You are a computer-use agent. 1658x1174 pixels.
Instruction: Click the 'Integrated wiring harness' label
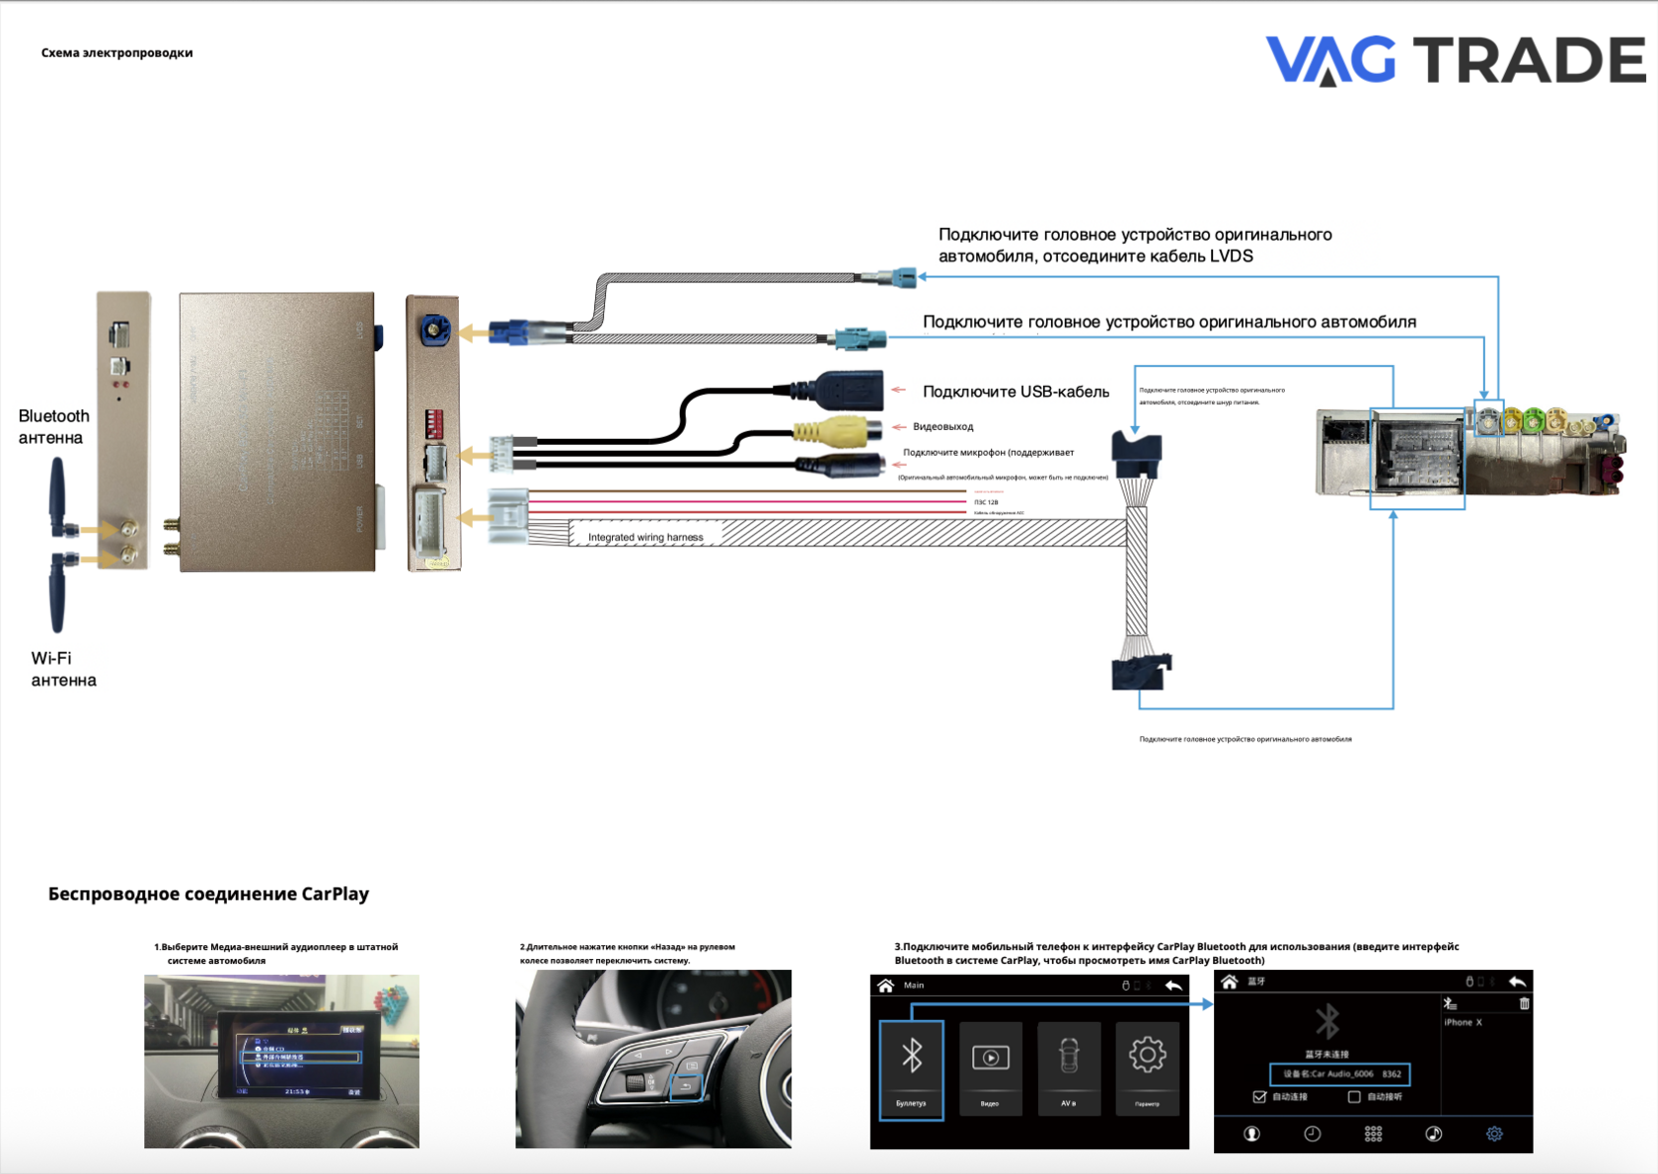[645, 538]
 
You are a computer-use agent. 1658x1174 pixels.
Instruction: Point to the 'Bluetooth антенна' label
[53, 426]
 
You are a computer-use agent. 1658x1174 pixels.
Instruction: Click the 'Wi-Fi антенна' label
[62, 669]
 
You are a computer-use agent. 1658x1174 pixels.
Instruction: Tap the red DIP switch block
[433, 424]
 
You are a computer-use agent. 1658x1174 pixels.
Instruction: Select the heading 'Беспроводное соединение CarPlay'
[208, 894]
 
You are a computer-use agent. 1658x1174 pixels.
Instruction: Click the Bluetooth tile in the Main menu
[911, 1069]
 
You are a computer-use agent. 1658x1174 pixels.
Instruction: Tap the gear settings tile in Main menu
[1147, 1067]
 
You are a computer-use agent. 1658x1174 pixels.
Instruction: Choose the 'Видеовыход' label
[942, 427]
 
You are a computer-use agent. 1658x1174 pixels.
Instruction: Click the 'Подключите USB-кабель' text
[1016, 392]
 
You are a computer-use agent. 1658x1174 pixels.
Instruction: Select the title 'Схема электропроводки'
[116, 53]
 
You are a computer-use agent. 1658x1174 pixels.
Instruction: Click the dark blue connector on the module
[433, 329]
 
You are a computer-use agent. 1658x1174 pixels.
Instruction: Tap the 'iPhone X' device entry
[1463, 1022]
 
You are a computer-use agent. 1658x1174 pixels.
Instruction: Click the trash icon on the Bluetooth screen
[1524, 1003]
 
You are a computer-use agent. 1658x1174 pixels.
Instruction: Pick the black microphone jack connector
[844, 466]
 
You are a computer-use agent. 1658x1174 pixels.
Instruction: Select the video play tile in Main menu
[990, 1067]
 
